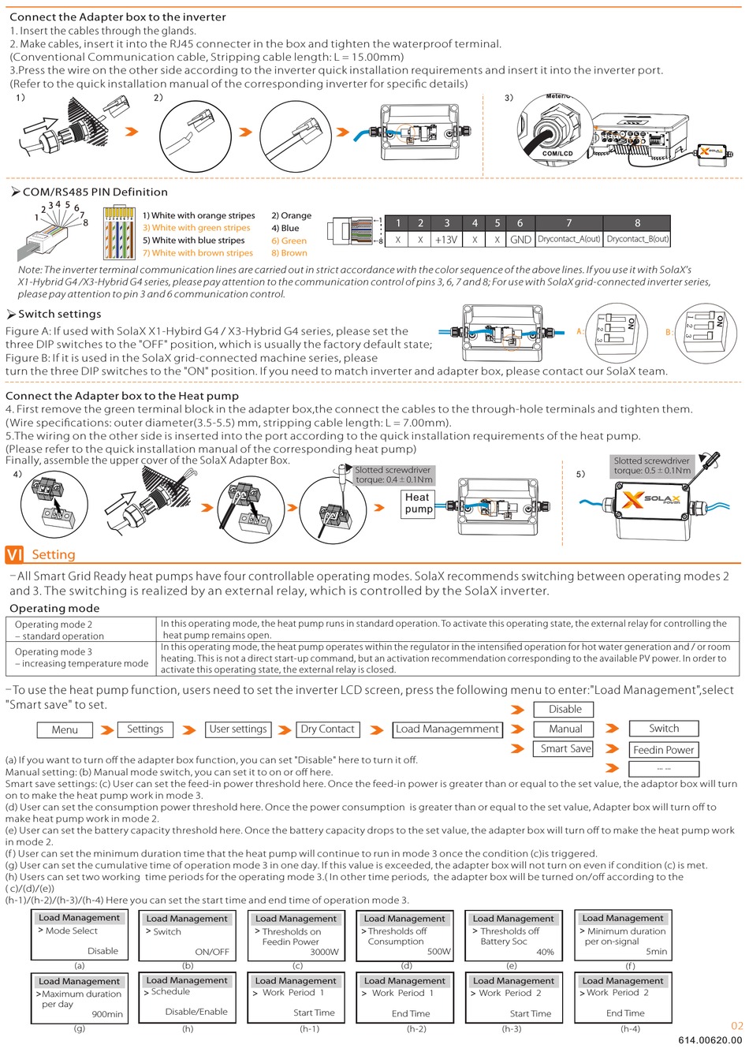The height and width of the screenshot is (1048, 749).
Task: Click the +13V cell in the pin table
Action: pyautogui.click(x=446, y=240)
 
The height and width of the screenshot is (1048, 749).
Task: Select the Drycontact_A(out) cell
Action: pyautogui.click(x=568, y=240)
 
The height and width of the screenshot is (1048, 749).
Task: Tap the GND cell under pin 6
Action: pyautogui.click(x=520, y=240)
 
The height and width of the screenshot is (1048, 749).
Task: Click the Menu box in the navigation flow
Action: pyautogui.click(x=65, y=730)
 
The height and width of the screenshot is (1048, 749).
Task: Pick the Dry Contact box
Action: pyautogui.click(x=328, y=729)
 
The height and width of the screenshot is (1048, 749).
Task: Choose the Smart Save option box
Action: pyautogui.click(x=565, y=749)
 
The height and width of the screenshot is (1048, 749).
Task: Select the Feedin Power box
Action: pyautogui.click(x=664, y=750)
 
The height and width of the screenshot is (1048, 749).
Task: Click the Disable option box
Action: pyautogui.click(x=565, y=709)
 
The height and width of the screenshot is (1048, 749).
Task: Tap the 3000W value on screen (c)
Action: pyautogui.click(x=324, y=952)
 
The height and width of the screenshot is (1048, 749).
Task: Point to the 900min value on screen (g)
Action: pyautogui.click(x=107, y=1014)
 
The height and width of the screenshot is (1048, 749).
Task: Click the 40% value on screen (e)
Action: pyautogui.click(x=545, y=952)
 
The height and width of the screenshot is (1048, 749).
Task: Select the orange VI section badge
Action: pyautogui.click(x=15, y=554)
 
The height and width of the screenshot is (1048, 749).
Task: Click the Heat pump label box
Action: pyautogui.click(x=418, y=503)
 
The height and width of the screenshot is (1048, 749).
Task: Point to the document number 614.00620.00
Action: pyautogui.click(x=710, y=1040)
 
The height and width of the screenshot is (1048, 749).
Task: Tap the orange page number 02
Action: pyautogui.click(x=737, y=1026)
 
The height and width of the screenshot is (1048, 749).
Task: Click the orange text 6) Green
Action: pyautogui.click(x=289, y=241)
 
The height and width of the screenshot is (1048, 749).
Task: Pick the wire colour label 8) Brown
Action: pyautogui.click(x=289, y=253)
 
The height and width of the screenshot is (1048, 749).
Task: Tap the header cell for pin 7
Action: pyautogui.click(x=568, y=223)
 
